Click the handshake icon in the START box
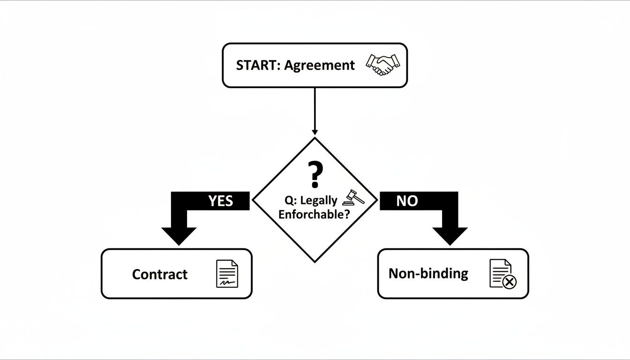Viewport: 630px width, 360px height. click(x=383, y=65)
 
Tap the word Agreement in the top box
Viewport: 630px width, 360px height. click(x=320, y=66)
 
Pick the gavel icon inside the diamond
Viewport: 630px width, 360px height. click(x=353, y=198)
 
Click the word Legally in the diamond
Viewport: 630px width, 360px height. click(x=319, y=201)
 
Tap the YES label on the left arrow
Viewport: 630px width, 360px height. click(x=220, y=201)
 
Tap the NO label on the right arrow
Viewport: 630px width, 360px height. click(x=406, y=201)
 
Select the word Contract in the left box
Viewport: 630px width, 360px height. click(x=160, y=274)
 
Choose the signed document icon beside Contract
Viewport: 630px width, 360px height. click(x=227, y=274)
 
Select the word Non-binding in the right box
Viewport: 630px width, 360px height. click(x=428, y=274)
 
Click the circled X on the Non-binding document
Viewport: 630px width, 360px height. click(x=509, y=282)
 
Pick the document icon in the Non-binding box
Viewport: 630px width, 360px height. click(x=500, y=272)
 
